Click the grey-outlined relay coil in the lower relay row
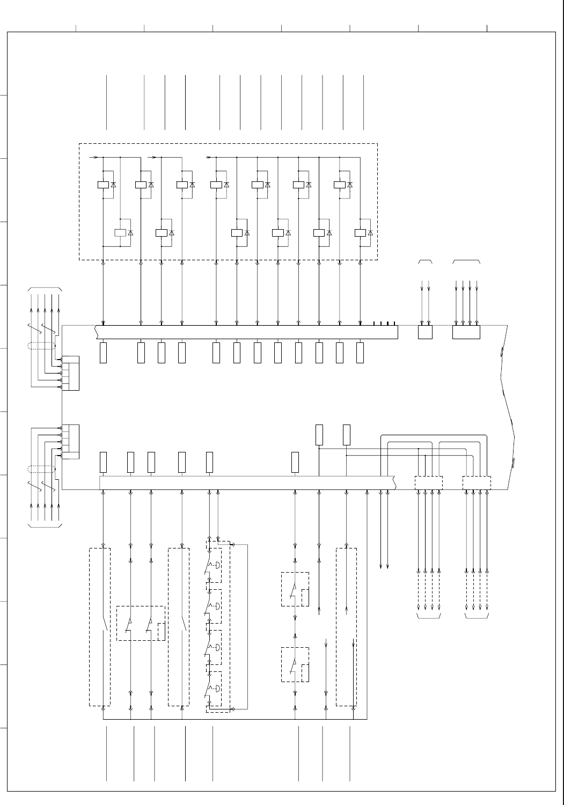click(120, 233)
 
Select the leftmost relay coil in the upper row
click(103, 185)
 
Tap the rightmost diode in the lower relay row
click(370, 233)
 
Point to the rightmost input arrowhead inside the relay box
click(209, 158)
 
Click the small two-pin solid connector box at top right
click(425, 332)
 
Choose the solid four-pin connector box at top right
click(466, 332)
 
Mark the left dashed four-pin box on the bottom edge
click(429, 482)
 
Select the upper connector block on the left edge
click(70, 373)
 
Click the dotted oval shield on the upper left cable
click(42, 346)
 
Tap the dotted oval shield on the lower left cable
click(42, 470)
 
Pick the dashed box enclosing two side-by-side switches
click(141, 623)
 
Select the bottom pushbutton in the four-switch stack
click(214, 689)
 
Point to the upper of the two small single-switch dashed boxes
click(295, 589)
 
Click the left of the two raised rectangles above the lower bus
click(319, 435)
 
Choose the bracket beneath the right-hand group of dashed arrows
click(477, 617)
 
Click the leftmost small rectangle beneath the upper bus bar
click(104, 352)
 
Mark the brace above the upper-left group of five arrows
click(45, 289)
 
